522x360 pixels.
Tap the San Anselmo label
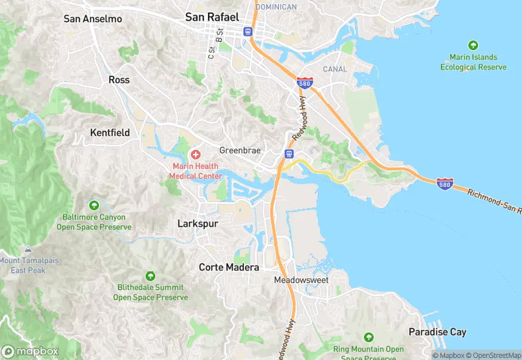(x=93, y=19)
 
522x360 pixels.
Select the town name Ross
(x=119, y=80)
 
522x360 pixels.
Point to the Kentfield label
(x=110, y=132)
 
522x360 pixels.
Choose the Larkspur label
(x=198, y=223)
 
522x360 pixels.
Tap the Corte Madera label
(x=229, y=267)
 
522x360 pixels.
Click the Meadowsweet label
(x=302, y=280)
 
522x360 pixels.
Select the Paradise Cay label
(x=438, y=332)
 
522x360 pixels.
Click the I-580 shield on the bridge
(x=445, y=183)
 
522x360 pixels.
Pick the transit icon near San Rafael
(x=248, y=31)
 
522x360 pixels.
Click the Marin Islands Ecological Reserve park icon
(x=473, y=45)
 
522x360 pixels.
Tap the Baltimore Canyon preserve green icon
(x=93, y=205)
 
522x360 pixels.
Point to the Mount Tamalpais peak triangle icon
(x=27, y=249)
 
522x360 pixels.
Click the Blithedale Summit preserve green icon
(x=150, y=275)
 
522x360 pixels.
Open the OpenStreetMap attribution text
(x=492, y=355)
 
